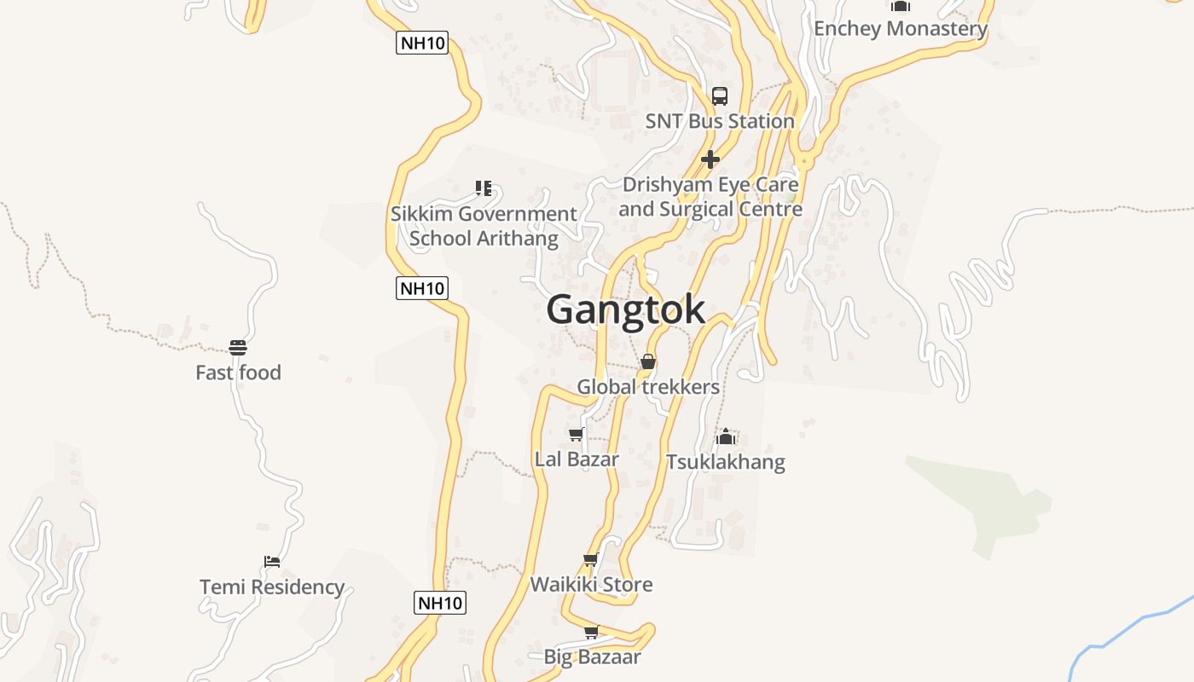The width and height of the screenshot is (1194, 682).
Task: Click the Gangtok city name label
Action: tap(625, 309)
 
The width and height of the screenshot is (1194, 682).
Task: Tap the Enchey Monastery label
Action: tap(900, 29)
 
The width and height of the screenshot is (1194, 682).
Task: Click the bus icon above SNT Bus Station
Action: tap(720, 95)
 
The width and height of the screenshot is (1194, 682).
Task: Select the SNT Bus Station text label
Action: tap(720, 121)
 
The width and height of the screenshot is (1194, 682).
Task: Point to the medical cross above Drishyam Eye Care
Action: tap(710, 159)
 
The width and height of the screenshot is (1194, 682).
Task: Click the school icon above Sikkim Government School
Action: tap(484, 188)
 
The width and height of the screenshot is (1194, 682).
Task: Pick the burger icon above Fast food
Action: tap(238, 348)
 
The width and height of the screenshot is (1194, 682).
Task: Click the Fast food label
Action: tap(238, 373)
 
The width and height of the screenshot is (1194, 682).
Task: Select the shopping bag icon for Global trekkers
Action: tap(648, 361)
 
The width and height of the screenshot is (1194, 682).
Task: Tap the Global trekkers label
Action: tap(648, 387)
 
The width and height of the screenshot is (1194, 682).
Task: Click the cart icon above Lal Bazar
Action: tap(577, 435)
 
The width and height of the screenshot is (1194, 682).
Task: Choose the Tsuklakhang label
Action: tap(725, 462)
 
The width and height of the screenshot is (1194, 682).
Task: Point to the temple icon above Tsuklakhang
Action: tap(726, 437)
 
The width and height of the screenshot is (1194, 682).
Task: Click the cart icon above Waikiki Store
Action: tap(591, 560)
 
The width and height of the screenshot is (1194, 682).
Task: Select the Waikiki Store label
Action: tap(591, 585)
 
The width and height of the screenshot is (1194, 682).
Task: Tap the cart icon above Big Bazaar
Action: tap(592, 633)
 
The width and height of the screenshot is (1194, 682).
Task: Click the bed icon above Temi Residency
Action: tap(272, 562)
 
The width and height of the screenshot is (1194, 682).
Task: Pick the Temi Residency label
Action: tap(272, 587)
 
